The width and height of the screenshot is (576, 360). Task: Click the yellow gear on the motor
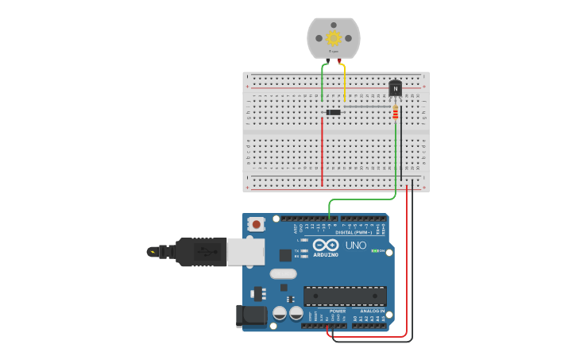pyautogui.click(x=334, y=37)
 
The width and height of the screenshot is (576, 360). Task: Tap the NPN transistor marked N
pyautogui.click(x=395, y=89)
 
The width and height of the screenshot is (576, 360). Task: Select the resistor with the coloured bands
pyautogui.click(x=396, y=114)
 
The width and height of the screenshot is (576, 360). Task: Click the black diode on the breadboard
pyautogui.click(x=334, y=112)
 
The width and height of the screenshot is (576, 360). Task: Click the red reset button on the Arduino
pyautogui.click(x=256, y=225)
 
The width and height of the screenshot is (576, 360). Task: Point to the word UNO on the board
pyautogui.click(x=356, y=246)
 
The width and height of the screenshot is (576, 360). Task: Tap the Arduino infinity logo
pyautogui.click(x=326, y=245)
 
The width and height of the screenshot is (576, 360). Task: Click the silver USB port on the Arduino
pyautogui.click(x=245, y=251)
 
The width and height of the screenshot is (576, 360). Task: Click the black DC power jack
pyautogui.click(x=252, y=315)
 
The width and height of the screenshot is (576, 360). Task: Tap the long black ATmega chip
pyautogui.click(x=345, y=296)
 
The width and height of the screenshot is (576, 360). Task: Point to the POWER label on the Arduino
pyautogui.click(x=327, y=311)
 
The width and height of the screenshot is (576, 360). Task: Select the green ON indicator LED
pyautogui.click(x=375, y=250)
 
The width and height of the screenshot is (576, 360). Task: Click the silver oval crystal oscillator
pyautogui.click(x=283, y=274)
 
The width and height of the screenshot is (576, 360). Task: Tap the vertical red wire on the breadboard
pyautogui.click(x=322, y=151)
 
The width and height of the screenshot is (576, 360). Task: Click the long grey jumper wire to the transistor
pyautogui.click(x=365, y=106)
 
